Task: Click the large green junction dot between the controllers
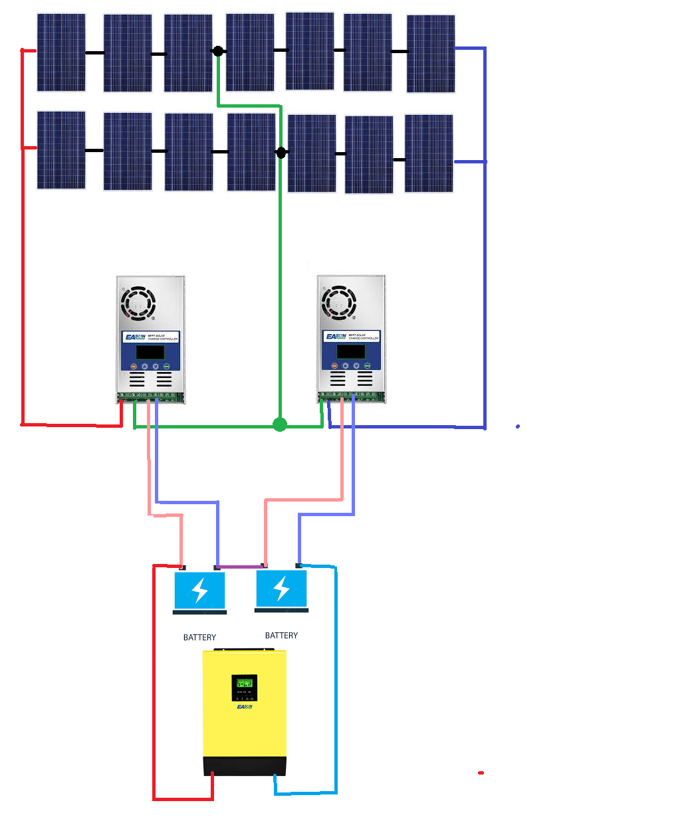(x=280, y=424)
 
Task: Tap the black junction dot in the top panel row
(x=217, y=51)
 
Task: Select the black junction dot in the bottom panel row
(x=281, y=153)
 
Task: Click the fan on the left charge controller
(x=138, y=304)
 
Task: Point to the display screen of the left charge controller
(x=150, y=352)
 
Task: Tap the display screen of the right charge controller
(x=350, y=351)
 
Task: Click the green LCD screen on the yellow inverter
(x=245, y=683)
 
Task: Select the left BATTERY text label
(x=199, y=637)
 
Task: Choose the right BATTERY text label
(x=281, y=635)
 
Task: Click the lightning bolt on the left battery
(x=199, y=590)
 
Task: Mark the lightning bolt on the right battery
(x=282, y=589)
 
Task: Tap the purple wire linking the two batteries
(x=240, y=567)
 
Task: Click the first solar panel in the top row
(x=61, y=52)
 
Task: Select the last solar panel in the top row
(x=431, y=54)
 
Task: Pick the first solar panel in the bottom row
(x=61, y=150)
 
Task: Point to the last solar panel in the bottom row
(x=429, y=153)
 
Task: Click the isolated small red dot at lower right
(x=481, y=773)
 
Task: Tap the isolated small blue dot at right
(x=518, y=426)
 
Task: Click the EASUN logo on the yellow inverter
(x=245, y=707)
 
